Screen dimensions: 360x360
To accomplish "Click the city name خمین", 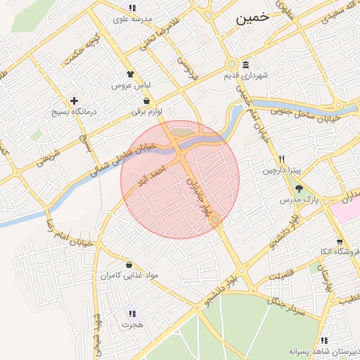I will [252, 19].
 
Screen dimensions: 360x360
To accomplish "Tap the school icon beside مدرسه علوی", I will [131, 8].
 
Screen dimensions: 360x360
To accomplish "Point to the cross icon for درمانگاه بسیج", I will [75, 101].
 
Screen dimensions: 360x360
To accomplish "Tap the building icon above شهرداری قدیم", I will [245, 63].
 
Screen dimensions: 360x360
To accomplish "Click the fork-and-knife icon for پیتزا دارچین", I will [282, 159].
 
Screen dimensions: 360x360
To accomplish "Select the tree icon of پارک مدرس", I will [300, 188].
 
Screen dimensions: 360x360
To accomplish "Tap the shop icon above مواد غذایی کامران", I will [129, 264].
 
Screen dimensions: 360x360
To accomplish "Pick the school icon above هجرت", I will [131, 314].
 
